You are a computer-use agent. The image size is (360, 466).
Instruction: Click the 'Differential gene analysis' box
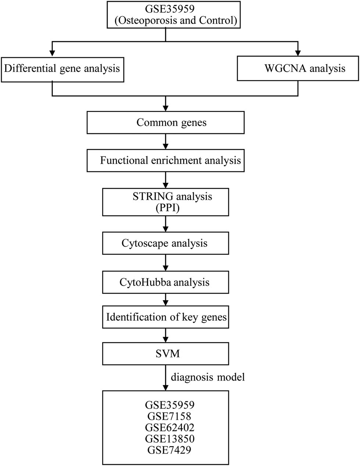[x=62, y=69]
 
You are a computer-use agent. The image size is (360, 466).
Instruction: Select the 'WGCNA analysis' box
[x=298, y=68]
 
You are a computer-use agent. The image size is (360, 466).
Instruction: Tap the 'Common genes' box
[x=165, y=122]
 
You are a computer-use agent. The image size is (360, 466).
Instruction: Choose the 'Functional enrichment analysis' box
[x=165, y=160]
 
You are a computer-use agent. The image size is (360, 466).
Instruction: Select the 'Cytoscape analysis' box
[x=165, y=243]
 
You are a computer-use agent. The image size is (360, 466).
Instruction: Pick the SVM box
[x=165, y=353]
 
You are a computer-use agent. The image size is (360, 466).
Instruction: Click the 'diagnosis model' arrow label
[x=208, y=377]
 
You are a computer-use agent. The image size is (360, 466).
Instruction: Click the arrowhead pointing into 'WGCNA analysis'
[x=298, y=52]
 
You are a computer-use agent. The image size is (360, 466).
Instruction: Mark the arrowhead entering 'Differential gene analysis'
[x=53, y=52]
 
